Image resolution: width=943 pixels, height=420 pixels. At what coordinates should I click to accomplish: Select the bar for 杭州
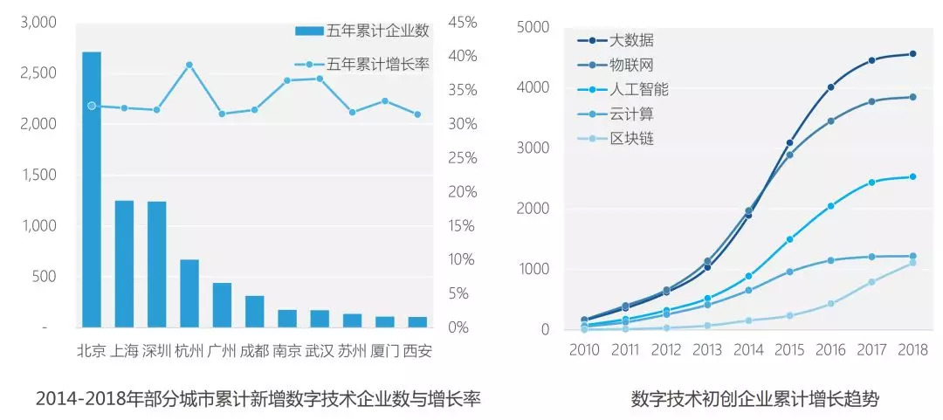tap(189, 293)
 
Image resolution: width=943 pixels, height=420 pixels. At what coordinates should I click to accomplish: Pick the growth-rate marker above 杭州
tap(189, 65)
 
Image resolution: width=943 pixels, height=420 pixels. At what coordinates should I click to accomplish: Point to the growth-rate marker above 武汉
tap(320, 79)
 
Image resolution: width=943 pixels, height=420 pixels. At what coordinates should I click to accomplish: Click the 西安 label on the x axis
tap(417, 351)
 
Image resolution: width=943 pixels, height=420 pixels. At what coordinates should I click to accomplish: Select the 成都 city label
tap(254, 351)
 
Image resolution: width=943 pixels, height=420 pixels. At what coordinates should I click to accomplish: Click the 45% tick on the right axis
tap(463, 23)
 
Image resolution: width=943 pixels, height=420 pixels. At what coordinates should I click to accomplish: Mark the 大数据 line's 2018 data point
tap(912, 54)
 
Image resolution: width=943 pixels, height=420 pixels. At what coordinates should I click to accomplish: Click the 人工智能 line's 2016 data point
tap(830, 206)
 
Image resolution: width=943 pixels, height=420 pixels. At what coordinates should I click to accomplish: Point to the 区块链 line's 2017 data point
tap(871, 282)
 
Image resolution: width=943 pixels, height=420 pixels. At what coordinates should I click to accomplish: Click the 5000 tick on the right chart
tap(533, 27)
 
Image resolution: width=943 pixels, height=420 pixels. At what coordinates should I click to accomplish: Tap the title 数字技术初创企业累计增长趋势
tap(755, 400)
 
